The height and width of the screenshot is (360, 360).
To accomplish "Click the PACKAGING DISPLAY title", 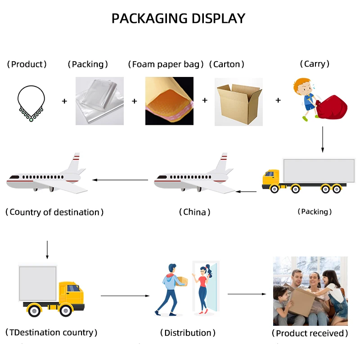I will (178, 18).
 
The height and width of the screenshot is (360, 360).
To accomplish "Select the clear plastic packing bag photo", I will (99, 101).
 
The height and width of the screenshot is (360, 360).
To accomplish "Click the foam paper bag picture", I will (169, 101).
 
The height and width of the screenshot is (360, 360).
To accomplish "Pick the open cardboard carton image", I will (238, 102).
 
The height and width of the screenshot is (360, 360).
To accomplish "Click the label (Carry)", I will (315, 64).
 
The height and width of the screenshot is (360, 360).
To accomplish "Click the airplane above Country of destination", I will (45, 177).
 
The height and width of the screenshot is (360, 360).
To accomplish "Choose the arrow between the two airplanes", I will (120, 180).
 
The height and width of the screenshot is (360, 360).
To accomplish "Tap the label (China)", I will (194, 212).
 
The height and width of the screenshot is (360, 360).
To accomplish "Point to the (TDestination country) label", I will (51, 333).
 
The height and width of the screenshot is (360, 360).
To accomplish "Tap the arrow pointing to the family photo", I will (247, 294).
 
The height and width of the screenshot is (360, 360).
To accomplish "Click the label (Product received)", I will (310, 333).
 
